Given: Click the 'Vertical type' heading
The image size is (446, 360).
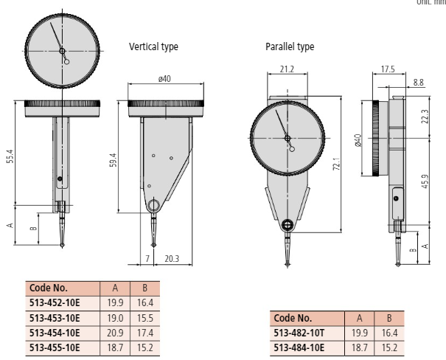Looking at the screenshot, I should [153, 46].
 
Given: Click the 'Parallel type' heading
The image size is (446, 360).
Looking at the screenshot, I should [290, 46].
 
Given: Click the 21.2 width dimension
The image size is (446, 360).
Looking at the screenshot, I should [288, 70].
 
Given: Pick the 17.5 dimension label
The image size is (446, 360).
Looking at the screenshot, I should [388, 70].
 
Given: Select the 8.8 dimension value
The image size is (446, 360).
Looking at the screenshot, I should [419, 83].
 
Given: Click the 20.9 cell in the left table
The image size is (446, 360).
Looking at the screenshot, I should [115, 333].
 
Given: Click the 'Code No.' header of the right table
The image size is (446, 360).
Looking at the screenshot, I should [296, 319].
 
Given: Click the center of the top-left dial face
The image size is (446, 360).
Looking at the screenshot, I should [63, 51].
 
